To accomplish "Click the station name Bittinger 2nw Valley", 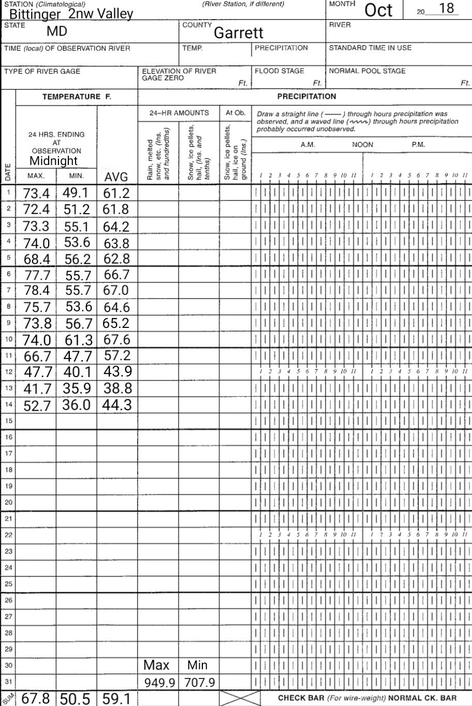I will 71,13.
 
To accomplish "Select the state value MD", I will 57,32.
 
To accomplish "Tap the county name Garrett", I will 239,33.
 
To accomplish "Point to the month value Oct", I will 378,10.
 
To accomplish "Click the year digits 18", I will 446,9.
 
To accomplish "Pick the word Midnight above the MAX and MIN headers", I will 53,160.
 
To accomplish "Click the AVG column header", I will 116,177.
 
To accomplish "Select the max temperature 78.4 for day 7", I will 37,291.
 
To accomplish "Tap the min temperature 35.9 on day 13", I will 77,388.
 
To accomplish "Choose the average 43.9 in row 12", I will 117,371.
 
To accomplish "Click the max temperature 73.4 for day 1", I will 37,193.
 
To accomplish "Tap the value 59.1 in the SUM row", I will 116,699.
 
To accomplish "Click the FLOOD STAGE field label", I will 279,71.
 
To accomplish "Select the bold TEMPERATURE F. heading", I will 77,97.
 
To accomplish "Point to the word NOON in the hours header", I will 362,145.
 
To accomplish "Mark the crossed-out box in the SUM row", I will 240,698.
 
